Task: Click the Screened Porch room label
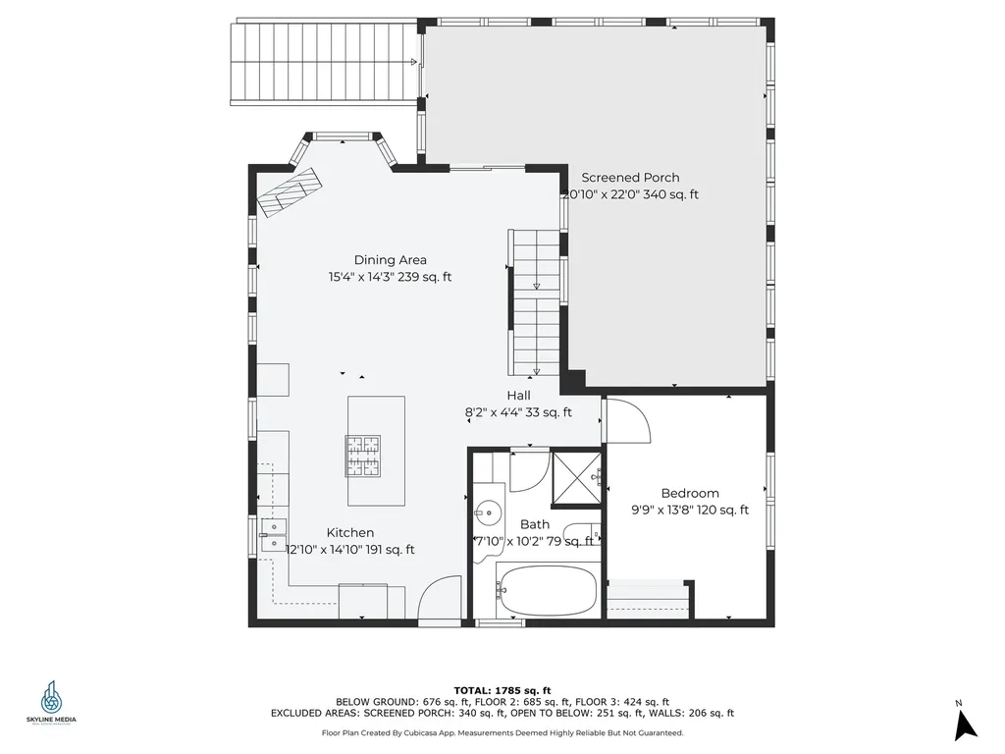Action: click(630, 178)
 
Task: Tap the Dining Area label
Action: click(391, 260)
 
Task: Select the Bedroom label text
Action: click(689, 493)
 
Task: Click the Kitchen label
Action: click(350, 532)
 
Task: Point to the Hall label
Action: click(519, 395)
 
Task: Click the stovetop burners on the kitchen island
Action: click(362, 456)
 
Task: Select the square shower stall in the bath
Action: click(576, 477)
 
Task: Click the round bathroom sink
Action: click(488, 512)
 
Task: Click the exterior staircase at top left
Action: click(325, 63)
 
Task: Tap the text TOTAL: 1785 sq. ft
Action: click(502, 689)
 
